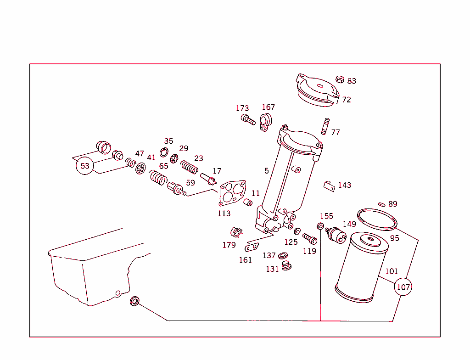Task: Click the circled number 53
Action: click(x=85, y=166)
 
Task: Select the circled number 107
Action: click(x=403, y=287)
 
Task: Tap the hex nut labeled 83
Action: click(x=340, y=79)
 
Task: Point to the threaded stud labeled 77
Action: click(x=325, y=126)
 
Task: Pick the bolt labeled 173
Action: click(x=248, y=120)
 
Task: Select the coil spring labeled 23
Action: click(x=189, y=166)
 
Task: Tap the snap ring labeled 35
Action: click(x=164, y=152)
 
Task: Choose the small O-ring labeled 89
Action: click(x=381, y=204)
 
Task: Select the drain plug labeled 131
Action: click(x=287, y=266)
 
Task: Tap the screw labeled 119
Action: click(x=310, y=238)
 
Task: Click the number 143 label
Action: click(x=344, y=185)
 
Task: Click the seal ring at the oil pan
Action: click(x=134, y=301)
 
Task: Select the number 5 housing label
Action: click(x=266, y=171)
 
